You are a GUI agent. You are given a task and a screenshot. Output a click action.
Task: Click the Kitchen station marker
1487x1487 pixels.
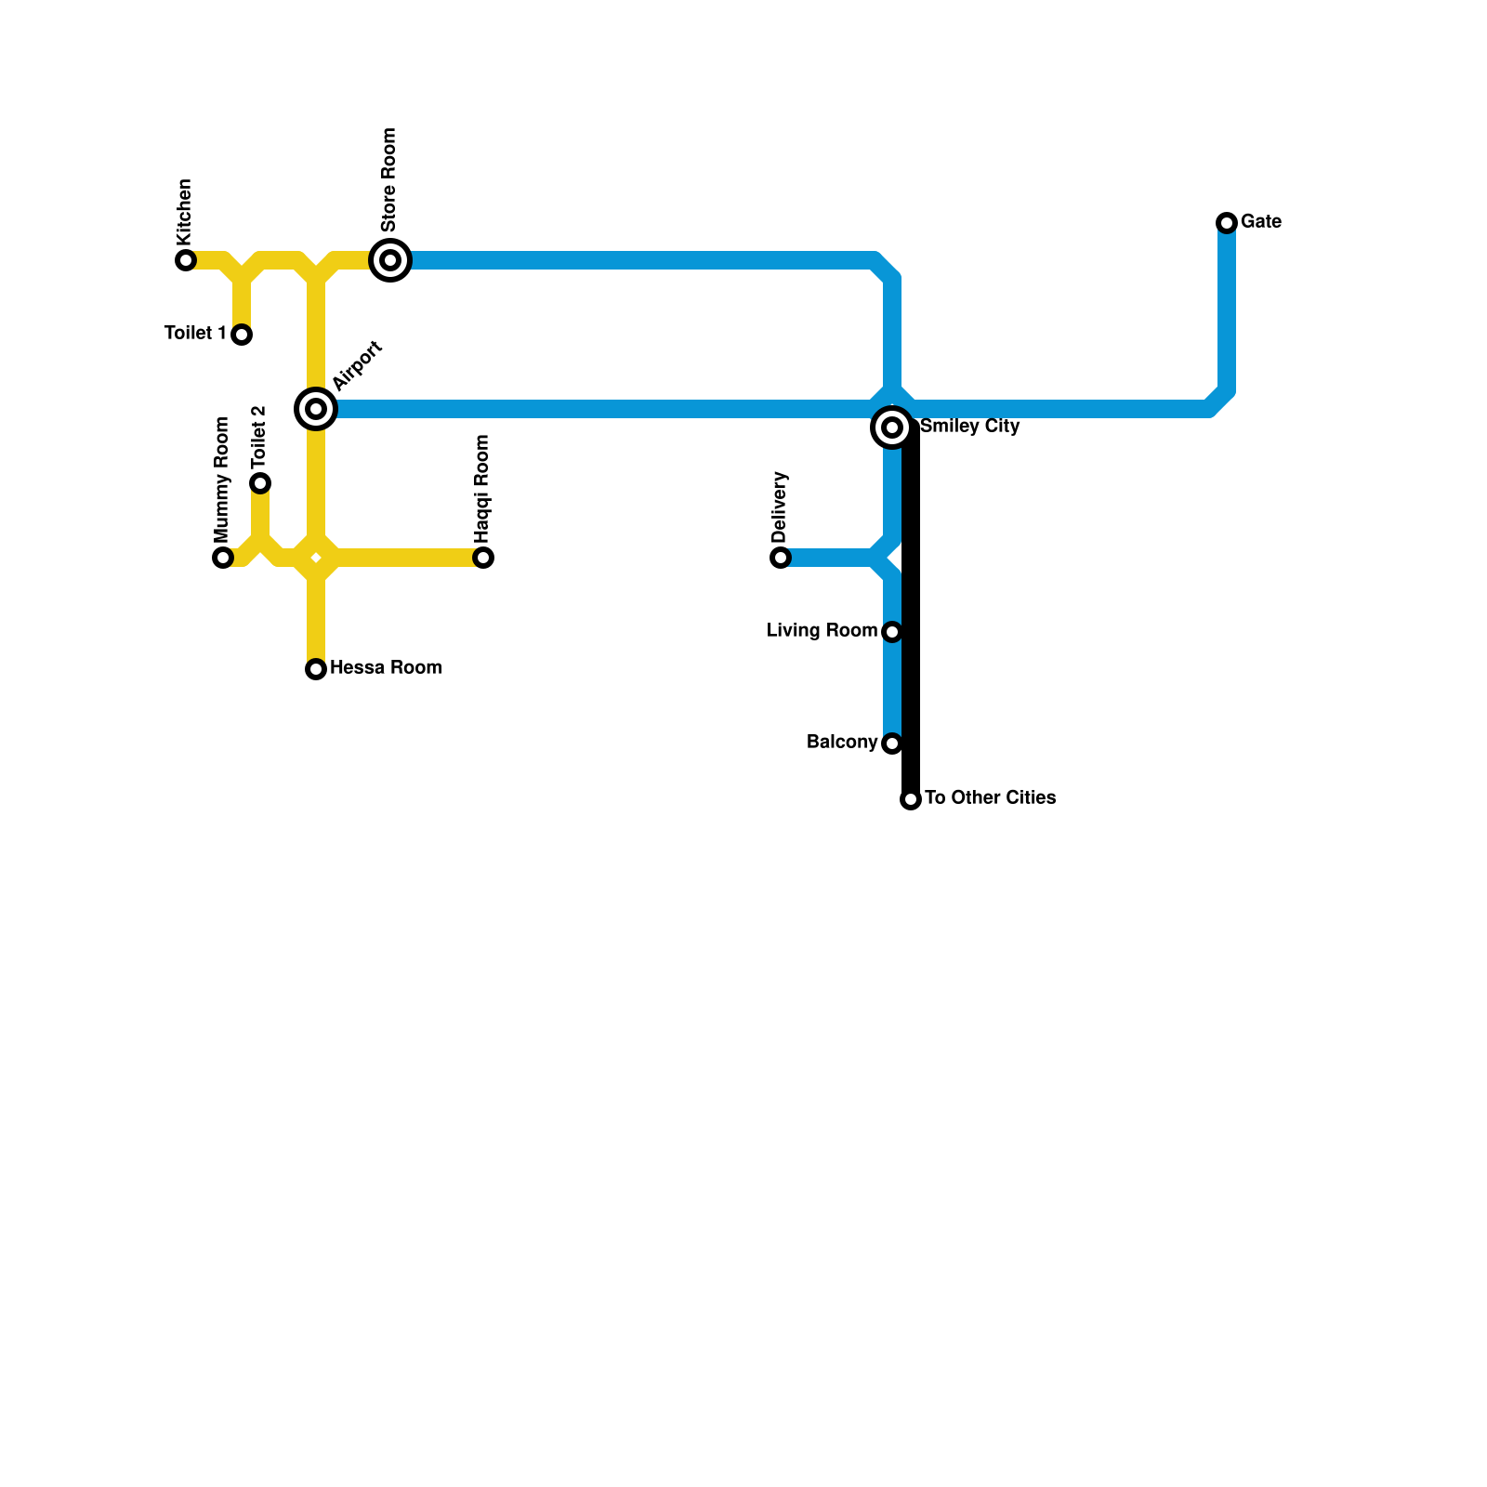coord(186,260)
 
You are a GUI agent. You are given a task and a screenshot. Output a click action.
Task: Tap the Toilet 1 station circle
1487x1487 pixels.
coord(242,335)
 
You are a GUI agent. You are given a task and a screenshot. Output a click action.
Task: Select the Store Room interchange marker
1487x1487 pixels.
coord(390,260)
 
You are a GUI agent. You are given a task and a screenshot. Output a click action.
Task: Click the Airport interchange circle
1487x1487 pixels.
coord(316,409)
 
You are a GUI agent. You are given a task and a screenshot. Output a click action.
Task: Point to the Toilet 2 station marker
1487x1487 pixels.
coord(260,483)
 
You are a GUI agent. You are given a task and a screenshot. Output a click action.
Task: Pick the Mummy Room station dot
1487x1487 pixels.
coord(223,558)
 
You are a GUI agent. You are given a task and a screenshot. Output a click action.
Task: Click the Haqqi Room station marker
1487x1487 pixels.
coord(483,558)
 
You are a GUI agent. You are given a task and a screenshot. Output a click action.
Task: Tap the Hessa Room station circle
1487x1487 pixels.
coord(316,669)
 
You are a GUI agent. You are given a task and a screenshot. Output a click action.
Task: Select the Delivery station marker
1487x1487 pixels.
coord(781,558)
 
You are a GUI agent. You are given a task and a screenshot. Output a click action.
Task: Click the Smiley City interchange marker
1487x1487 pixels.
coord(892,428)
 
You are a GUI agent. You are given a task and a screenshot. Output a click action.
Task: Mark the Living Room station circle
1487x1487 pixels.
coord(892,632)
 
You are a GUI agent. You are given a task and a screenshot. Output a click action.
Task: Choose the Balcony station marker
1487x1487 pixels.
coord(892,743)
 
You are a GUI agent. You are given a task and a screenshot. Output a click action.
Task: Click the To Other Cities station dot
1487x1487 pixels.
coord(911,799)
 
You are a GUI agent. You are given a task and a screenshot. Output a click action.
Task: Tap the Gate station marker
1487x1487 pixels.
coord(1227,223)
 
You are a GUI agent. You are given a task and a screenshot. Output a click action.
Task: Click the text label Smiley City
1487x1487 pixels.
coord(970,427)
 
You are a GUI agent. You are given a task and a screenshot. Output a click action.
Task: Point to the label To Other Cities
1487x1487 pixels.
coord(990,798)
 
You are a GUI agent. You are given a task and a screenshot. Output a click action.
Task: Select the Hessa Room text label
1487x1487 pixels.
coord(386,668)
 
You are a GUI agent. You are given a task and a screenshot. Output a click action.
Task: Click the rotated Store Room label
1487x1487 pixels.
coord(389,180)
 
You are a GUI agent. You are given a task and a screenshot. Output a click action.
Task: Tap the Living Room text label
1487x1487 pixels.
coord(822,631)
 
